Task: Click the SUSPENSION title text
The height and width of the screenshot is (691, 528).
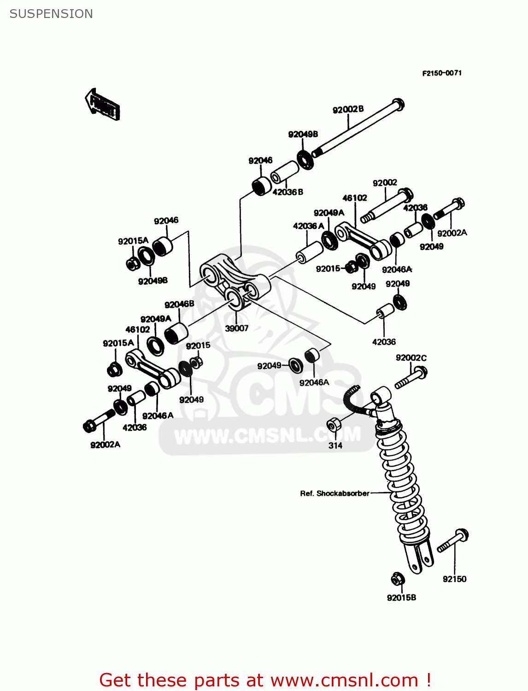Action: (x=51, y=14)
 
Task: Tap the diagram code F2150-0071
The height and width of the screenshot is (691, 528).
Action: (x=442, y=73)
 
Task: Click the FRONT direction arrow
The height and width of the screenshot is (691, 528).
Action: (x=103, y=105)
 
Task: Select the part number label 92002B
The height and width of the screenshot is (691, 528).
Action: (x=348, y=109)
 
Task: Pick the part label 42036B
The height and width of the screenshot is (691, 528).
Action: (x=287, y=192)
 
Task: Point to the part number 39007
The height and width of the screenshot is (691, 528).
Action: (x=236, y=328)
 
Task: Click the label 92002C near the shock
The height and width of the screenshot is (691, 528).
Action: (x=411, y=358)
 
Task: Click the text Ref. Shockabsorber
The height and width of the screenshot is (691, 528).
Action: (x=334, y=493)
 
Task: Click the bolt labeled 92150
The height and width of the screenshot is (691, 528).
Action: (x=453, y=541)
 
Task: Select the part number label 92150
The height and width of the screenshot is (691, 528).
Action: (x=454, y=579)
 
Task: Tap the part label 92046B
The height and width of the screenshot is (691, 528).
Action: (x=179, y=305)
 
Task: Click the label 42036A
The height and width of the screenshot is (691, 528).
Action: (x=308, y=226)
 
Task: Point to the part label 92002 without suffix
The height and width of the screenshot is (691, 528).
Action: (x=385, y=183)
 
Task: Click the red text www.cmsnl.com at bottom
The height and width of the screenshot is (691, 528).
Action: (x=344, y=680)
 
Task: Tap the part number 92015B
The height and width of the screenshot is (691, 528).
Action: (x=401, y=597)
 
